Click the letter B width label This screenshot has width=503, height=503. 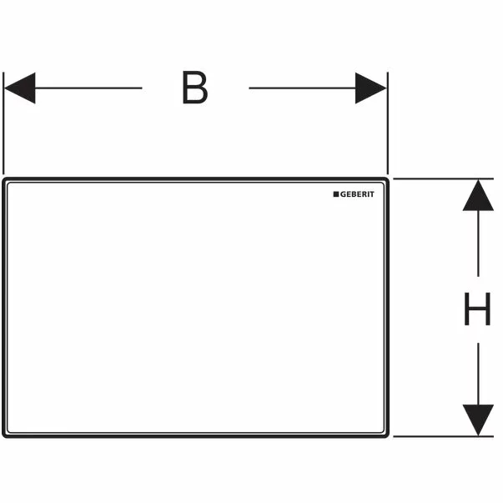[195, 88]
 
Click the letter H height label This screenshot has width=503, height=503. [477, 309]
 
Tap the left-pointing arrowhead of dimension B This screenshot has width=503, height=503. [19, 88]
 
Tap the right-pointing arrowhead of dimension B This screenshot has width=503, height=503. [371, 88]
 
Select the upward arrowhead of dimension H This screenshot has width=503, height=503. [478, 195]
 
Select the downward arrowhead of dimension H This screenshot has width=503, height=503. [478, 420]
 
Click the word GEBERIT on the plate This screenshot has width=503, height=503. [357, 194]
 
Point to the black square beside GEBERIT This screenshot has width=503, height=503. [336, 194]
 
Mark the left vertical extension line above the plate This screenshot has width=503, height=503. [3, 123]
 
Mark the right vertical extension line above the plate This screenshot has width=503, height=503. [388, 123]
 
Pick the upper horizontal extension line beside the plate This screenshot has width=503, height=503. [443, 179]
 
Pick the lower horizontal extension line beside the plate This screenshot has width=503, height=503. [443, 436]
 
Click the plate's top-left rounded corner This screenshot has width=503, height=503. [4, 179]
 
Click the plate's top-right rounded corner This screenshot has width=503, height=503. [386, 179]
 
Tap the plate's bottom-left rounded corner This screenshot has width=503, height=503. [4, 435]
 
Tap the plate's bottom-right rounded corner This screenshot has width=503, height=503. [386, 435]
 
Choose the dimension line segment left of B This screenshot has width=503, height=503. [88, 88]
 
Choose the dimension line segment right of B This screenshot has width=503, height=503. [302, 88]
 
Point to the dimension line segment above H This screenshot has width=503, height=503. [478, 244]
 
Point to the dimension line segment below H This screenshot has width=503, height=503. [478, 374]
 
